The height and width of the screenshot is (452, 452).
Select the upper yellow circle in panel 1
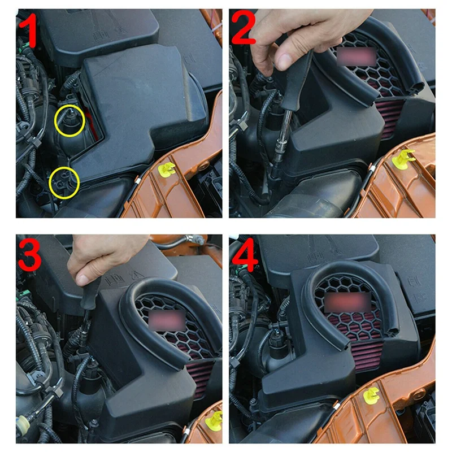tap(69, 120)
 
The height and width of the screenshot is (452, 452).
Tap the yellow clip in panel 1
tap(167, 169)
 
